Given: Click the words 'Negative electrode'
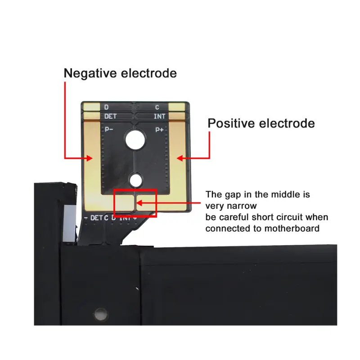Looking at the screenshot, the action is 120,73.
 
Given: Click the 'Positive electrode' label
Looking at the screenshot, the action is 261,123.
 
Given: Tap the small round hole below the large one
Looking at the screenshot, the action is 134,180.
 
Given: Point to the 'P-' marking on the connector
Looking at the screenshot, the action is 108,130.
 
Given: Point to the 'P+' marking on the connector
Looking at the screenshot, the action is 159,130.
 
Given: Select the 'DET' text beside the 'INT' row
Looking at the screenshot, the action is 110,116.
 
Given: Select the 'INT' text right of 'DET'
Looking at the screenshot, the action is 159,116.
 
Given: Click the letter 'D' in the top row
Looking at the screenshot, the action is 106,107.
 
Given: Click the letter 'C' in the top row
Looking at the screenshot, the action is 157,107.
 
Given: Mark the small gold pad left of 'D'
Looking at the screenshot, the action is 92,107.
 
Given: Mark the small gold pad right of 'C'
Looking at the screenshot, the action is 176,107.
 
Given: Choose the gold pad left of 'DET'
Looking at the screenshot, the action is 92,116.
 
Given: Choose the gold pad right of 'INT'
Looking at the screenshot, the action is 176,116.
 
